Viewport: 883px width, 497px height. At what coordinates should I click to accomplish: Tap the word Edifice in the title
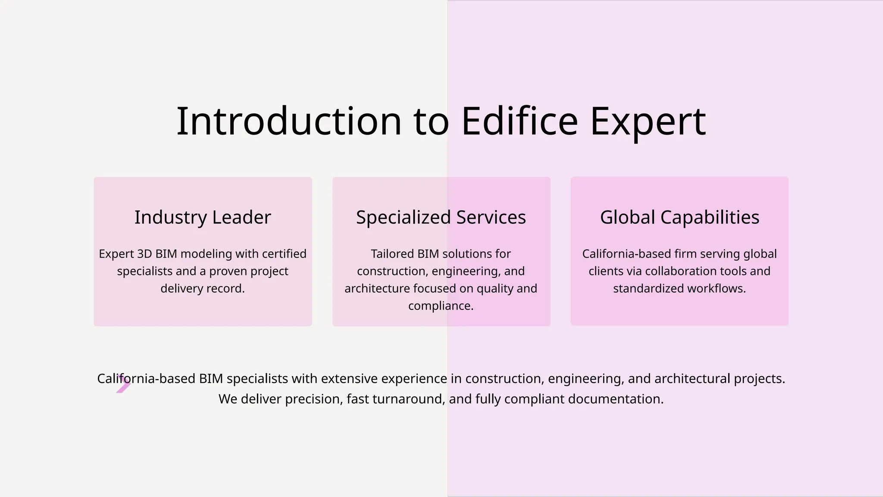[x=520, y=122]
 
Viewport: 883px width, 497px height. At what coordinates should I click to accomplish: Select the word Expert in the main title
[x=648, y=122]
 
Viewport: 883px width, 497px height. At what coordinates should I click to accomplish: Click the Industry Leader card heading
[x=203, y=217]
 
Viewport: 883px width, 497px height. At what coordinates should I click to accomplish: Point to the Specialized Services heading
[x=441, y=217]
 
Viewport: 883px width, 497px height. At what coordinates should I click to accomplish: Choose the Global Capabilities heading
[x=679, y=217]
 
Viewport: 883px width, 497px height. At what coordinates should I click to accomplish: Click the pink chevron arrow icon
[x=123, y=384]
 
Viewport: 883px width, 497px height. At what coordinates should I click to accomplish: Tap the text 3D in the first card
[x=144, y=254]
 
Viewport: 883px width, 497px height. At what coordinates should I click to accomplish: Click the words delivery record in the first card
[x=203, y=288]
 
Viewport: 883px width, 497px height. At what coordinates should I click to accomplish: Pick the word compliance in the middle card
[x=440, y=306]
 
